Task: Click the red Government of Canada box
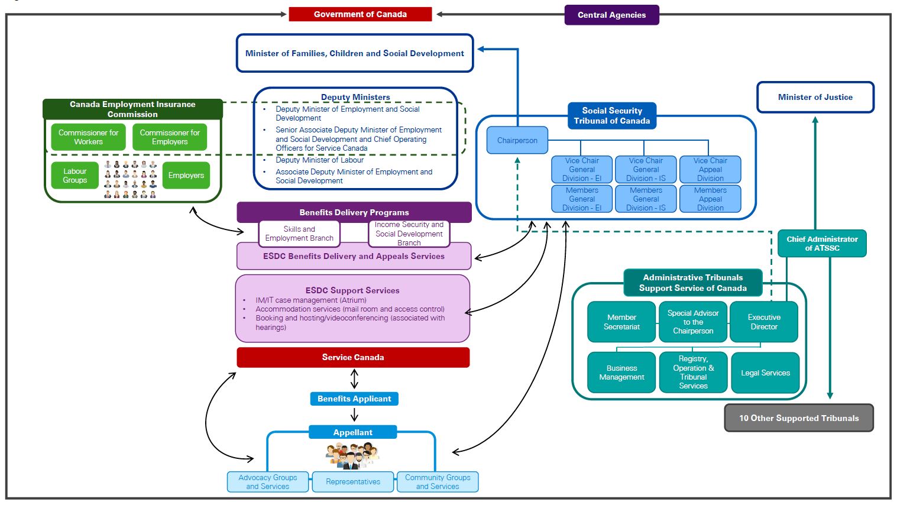360,14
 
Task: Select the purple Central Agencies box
611,15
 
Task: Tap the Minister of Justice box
815,97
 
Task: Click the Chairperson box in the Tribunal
517,141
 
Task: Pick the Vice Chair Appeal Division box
710,169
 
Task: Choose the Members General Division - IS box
646,199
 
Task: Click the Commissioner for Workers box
88,137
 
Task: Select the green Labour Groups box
75,176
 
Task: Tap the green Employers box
186,176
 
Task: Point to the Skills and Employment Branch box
299,234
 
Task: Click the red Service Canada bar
353,357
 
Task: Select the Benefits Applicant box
354,399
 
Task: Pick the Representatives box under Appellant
353,482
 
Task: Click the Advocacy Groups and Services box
268,482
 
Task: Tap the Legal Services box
765,373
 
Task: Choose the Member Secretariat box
621,322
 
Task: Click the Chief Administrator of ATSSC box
822,244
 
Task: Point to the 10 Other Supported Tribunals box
798,418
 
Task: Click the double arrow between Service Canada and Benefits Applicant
354,378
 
